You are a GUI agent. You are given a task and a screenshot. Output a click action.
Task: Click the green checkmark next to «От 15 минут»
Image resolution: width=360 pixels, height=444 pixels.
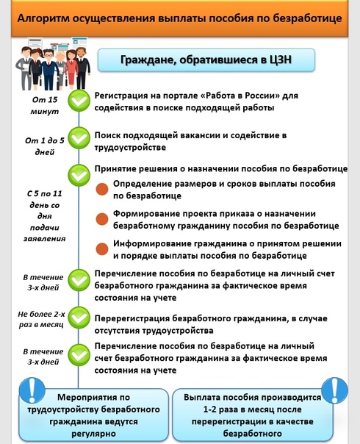point(79,100)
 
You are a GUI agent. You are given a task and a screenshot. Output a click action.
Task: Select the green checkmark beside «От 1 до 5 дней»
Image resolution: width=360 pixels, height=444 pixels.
point(79,138)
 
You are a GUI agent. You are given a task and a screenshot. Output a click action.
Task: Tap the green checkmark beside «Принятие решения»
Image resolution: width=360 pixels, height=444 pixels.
point(79,175)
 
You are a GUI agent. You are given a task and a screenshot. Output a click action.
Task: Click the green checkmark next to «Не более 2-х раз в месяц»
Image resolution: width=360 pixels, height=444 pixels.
point(79,318)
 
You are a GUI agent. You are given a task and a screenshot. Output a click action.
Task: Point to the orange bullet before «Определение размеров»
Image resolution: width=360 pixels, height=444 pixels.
point(102,189)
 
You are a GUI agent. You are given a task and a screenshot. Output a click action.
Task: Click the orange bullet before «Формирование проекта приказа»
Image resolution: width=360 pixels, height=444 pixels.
point(102,219)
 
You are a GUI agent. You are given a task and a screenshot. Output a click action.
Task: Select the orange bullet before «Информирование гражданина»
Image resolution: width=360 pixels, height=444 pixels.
point(102,249)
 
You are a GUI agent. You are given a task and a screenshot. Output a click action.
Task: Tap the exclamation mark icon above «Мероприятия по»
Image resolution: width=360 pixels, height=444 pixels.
point(32,390)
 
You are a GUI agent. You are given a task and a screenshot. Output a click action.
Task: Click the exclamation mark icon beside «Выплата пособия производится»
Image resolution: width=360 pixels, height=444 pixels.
point(335,390)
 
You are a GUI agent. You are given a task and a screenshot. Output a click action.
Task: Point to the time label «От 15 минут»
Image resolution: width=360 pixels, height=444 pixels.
point(45,105)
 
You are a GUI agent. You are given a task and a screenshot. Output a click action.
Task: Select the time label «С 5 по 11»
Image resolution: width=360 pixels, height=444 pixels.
point(44,193)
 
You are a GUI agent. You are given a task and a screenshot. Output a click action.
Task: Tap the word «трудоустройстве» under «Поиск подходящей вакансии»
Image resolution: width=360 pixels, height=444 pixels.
point(130,148)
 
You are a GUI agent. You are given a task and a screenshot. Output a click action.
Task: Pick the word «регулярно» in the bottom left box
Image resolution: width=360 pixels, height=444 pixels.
point(94,434)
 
